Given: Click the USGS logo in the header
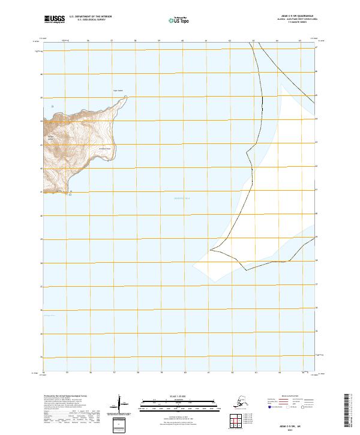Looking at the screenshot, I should (54, 19).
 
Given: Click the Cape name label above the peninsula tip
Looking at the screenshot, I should (118, 91).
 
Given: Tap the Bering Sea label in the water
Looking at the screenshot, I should (182, 198).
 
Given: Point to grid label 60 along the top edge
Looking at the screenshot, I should (182, 41).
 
